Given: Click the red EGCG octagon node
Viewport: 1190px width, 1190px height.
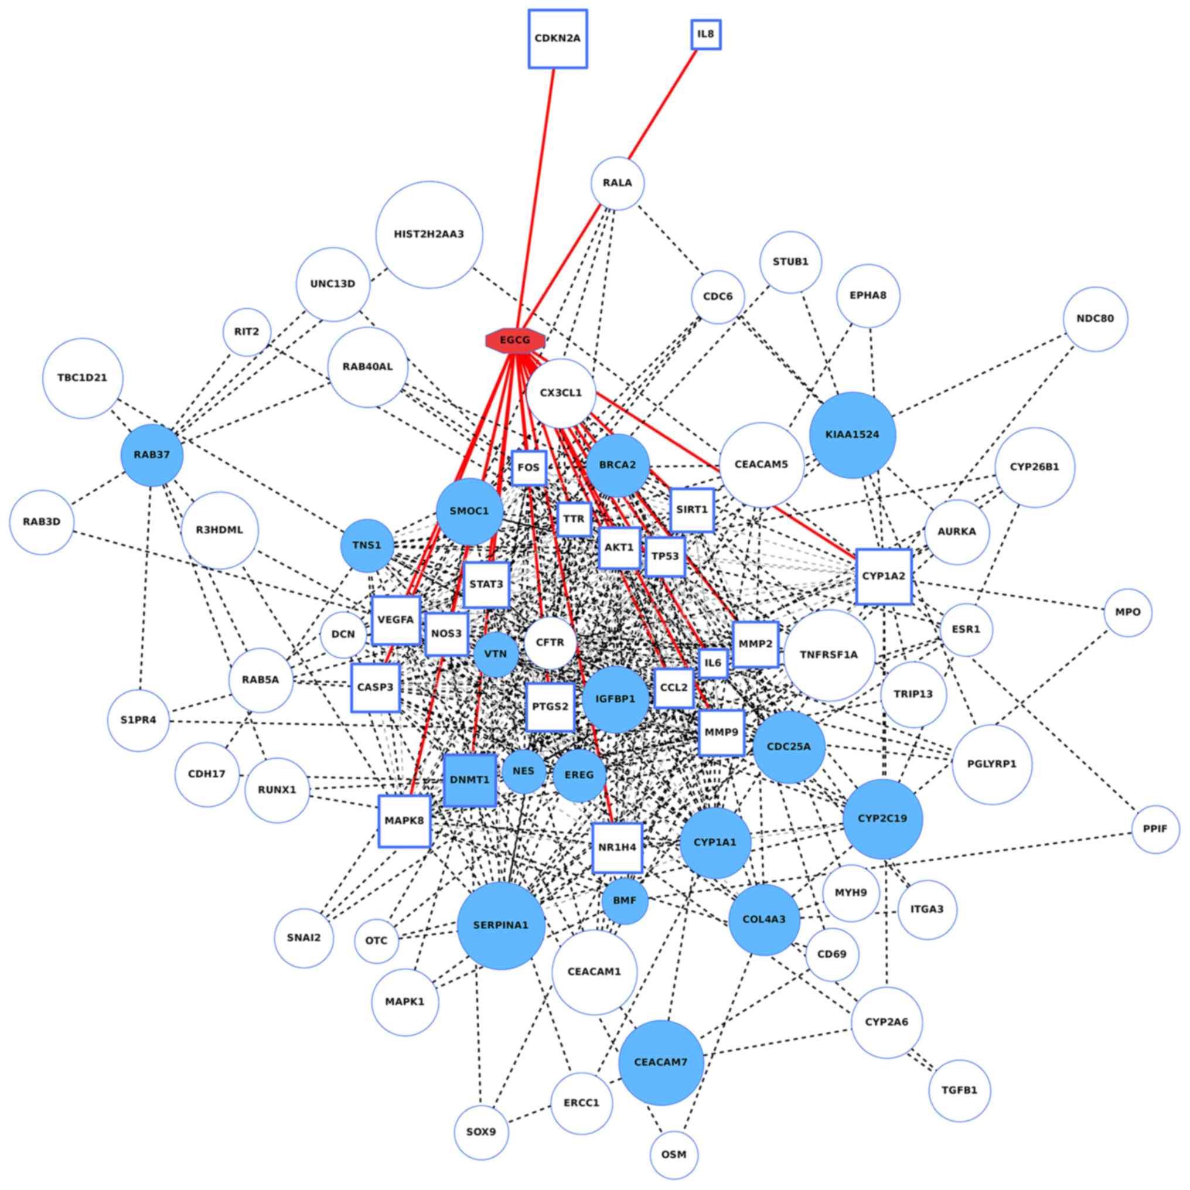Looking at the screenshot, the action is [515, 340].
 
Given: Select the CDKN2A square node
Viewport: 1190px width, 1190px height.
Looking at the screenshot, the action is [557, 38].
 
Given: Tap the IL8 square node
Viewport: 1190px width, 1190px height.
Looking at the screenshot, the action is [705, 35].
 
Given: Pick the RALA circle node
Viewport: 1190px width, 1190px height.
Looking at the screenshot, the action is [617, 183].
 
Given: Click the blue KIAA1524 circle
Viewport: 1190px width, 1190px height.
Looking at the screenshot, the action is [853, 435].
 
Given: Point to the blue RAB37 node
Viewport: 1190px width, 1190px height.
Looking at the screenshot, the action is [152, 455].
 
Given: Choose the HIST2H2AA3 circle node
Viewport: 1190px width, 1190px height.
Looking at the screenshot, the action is [429, 235].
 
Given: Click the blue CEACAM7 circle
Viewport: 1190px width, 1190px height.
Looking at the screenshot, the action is [661, 1062].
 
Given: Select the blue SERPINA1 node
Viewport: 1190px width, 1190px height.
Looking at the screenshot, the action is [501, 925].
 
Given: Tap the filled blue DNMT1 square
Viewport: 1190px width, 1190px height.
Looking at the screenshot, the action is [469, 780].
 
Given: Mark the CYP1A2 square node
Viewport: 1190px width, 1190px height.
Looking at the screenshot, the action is [883, 577].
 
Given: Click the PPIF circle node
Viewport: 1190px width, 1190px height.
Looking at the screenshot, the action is [1155, 829].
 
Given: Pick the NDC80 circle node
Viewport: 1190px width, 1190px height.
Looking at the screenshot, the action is [1095, 319].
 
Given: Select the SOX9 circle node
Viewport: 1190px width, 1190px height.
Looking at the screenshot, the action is [481, 1132].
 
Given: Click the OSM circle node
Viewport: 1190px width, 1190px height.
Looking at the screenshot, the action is [674, 1154].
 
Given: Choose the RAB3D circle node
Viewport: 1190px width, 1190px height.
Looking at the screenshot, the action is [42, 522].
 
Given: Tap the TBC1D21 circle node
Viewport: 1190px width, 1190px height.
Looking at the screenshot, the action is [83, 378].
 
